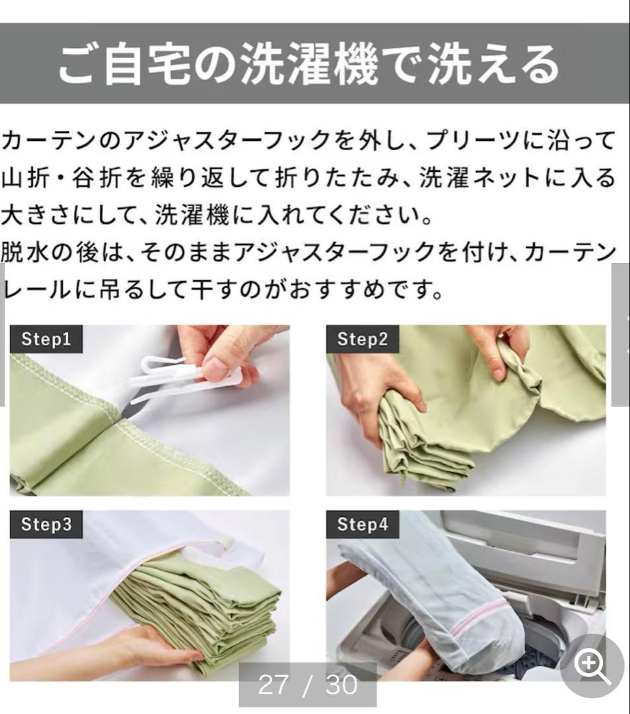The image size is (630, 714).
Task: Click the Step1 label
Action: tap(46, 340)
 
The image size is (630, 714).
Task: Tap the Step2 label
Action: tap(362, 340)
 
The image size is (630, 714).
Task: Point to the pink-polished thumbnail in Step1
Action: tap(215, 368)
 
